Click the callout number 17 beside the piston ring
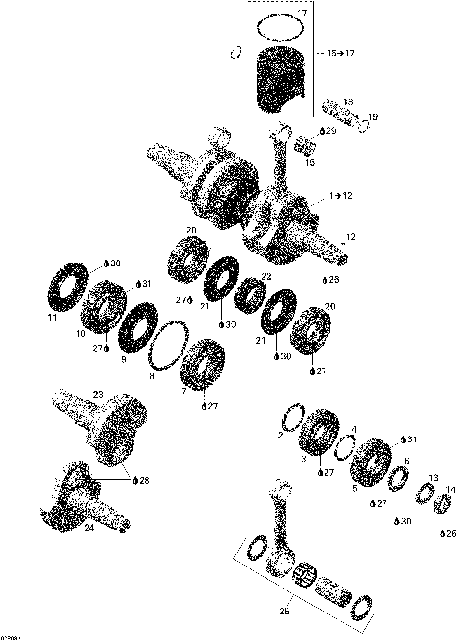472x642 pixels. (x=303, y=14)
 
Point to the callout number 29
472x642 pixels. (x=331, y=130)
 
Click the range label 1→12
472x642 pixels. (x=341, y=197)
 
